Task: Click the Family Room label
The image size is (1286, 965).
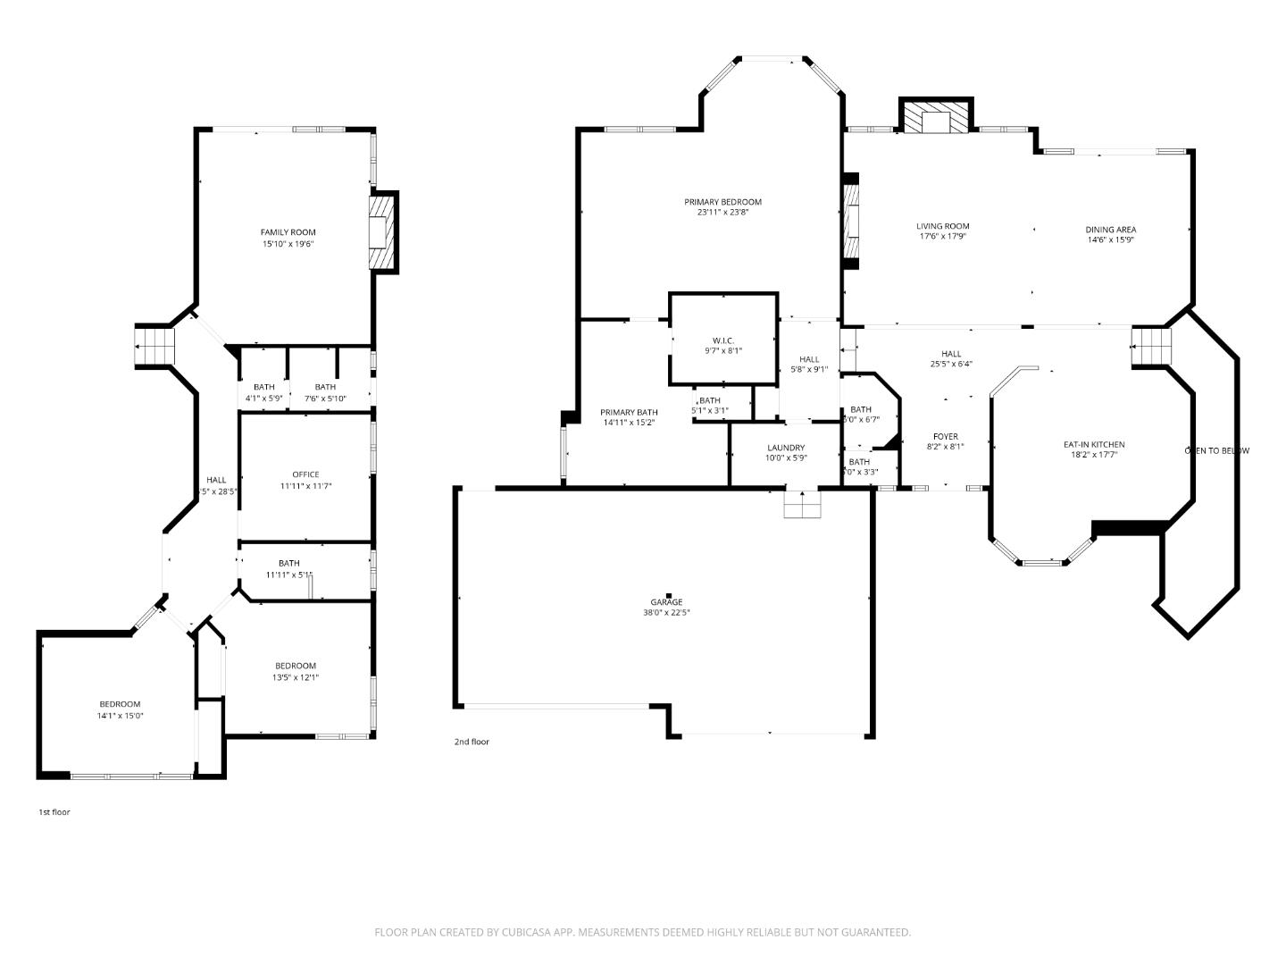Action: tap(288, 232)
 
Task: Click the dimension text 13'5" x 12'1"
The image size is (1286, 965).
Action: tap(296, 677)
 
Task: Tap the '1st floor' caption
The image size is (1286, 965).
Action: tap(54, 812)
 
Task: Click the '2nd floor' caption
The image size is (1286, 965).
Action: tap(472, 742)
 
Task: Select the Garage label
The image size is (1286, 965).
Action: tap(666, 602)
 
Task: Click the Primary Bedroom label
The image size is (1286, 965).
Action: tap(722, 202)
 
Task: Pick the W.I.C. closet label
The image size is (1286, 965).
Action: tap(722, 340)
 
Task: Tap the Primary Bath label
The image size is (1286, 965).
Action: tap(629, 412)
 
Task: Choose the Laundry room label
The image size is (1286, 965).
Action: tap(786, 448)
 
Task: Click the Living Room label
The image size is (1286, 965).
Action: tap(942, 226)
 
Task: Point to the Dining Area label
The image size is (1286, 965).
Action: tap(1110, 230)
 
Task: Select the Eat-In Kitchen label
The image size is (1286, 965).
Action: tap(1093, 444)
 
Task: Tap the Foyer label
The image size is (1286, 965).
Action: tap(945, 437)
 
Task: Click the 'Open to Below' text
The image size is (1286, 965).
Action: tap(1216, 450)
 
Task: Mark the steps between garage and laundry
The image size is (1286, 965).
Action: tap(802, 505)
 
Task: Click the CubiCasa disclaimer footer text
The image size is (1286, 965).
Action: tap(642, 932)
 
